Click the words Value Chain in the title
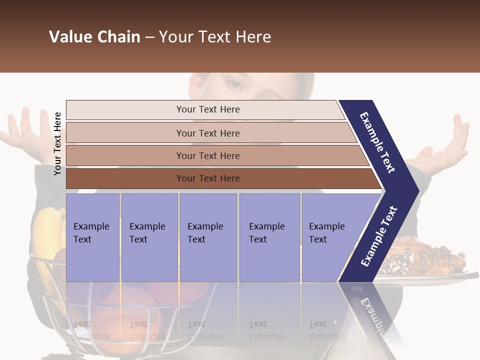tap(94, 37)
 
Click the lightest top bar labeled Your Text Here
tap(207, 109)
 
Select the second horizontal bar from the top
tap(207, 133)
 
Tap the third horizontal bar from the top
tap(207, 155)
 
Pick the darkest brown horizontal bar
tap(207, 178)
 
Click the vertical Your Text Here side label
tap(57, 143)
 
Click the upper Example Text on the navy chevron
tap(377, 142)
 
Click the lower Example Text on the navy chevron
tap(378, 236)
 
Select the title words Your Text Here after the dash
tap(215, 37)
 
